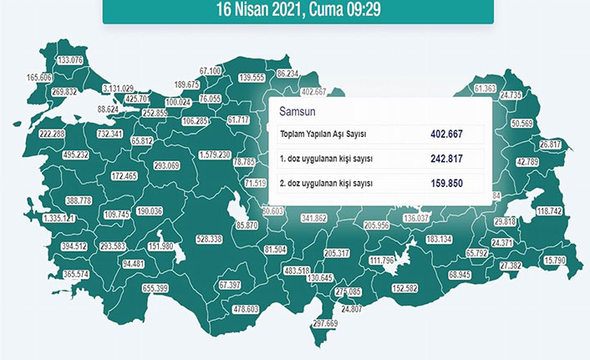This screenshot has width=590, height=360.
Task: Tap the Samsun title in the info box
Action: click(x=298, y=111)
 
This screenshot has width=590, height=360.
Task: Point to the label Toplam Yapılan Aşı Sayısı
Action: click(x=323, y=134)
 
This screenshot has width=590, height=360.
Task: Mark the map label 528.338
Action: click(x=209, y=239)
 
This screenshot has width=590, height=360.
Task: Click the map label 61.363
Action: click(x=485, y=89)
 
